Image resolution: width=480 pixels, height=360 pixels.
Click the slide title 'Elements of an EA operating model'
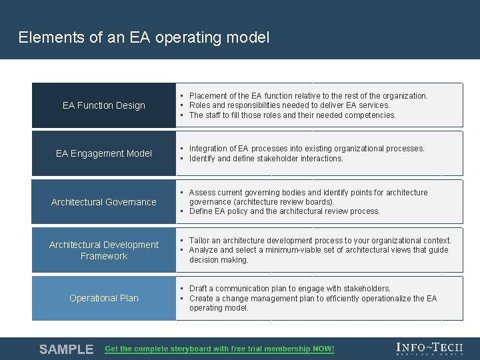coord(144,37)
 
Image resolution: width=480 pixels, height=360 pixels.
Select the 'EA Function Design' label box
coord(104,105)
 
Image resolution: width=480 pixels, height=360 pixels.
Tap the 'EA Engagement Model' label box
coord(104,153)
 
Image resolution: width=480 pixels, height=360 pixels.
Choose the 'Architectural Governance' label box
coord(104,202)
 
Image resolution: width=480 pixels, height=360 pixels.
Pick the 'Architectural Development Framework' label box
coord(104,250)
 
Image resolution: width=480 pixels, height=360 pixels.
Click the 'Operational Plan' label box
coord(104,298)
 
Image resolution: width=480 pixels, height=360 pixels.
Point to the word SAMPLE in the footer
coord(66,349)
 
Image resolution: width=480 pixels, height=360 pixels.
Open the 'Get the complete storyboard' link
coord(219,349)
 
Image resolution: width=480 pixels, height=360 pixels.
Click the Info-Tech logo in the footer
coord(429,349)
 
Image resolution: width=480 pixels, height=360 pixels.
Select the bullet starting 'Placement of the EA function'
coord(308,95)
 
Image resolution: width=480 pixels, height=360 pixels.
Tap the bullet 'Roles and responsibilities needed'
coord(289,105)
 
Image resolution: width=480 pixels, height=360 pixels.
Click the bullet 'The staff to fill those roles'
coord(292,115)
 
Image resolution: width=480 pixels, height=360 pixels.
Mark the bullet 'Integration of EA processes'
coord(307,149)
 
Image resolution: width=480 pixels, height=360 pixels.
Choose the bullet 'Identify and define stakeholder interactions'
coord(266,159)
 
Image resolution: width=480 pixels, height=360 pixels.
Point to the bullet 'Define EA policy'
coord(284,211)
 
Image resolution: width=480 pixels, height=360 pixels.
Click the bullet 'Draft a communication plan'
coord(289,289)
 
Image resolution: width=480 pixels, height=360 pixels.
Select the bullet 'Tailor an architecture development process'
coord(320,241)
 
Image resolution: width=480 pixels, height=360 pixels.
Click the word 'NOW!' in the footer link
coord(323,349)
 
